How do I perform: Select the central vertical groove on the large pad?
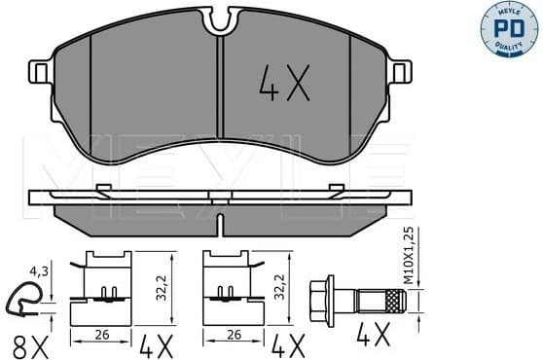tap(221, 92)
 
